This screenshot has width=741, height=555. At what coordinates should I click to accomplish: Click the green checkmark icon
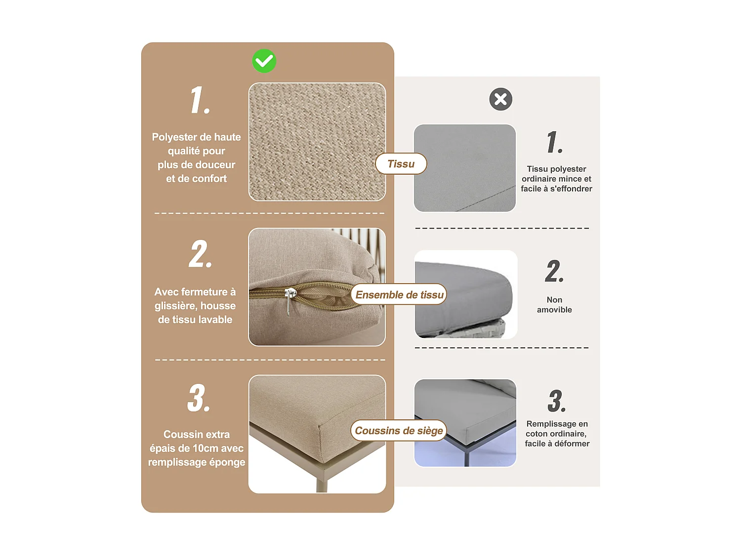(x=264, y=61)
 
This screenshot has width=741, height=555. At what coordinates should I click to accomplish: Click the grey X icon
(x=500, y=99)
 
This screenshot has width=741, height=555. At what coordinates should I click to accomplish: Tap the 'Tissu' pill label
(x=401, y=164)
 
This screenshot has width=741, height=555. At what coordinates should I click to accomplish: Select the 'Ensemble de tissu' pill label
(x=399, y=295)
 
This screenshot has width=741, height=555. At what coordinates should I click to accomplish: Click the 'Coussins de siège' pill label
(x=399, y=430)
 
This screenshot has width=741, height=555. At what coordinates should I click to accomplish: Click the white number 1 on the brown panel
(x=200, y=100)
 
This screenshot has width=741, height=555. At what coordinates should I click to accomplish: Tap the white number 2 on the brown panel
(x=200, y=255)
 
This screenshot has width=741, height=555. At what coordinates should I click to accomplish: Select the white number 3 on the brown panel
(x=199, y=398)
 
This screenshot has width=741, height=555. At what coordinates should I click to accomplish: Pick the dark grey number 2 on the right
(x=554, y=271)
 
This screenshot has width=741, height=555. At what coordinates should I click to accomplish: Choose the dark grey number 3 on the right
(x=556, y=401)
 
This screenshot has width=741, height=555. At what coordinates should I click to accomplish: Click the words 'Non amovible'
(x=554, y=305)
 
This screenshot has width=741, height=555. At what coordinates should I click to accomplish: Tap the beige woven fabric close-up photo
(x=317, y=142)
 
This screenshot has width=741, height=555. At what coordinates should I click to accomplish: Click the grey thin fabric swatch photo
(x=464, y=168)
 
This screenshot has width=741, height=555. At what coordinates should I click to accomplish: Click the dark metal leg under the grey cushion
(x=467, y=456)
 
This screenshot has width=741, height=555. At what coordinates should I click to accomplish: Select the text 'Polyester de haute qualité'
(x=196, y=144)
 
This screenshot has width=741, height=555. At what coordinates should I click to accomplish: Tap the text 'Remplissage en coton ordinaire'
(x=557, y=429)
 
